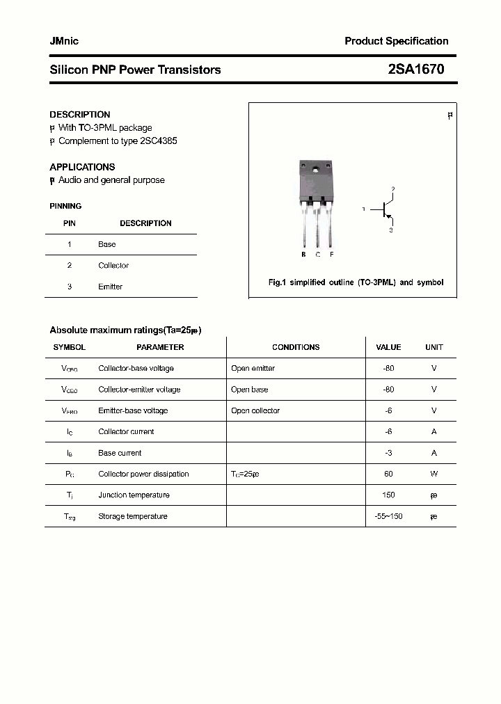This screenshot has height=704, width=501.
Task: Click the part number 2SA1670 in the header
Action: click(415, 70)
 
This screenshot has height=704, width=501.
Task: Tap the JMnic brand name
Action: click(64, 41)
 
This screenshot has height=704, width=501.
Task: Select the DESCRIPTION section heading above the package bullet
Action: click(80, 114)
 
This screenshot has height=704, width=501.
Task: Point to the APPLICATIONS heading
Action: click(82, 167)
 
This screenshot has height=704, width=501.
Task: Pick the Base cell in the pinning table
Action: click(107, 244)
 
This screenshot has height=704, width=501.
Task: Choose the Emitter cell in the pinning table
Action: click(110, 287)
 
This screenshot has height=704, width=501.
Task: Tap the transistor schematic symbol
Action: click(385, 209)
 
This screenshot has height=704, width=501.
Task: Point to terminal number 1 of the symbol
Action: click(363, 209)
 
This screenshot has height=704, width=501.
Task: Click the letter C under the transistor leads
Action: click(318, 255)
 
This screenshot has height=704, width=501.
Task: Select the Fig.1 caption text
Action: click(356, 282)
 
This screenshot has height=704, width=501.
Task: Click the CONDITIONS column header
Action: click(296, 347)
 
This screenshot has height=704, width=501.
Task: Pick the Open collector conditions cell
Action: click(255, 410)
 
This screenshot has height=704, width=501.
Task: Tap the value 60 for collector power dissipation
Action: click(388, 474)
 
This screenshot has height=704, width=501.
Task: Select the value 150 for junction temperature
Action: click(388, 495)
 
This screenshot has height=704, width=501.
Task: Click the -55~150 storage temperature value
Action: click(388, 516)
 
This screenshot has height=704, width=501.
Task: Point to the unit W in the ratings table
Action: click(434, 474)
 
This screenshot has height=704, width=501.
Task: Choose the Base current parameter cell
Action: click(120, 453)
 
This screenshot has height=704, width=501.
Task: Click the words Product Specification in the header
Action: click(397, 41)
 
